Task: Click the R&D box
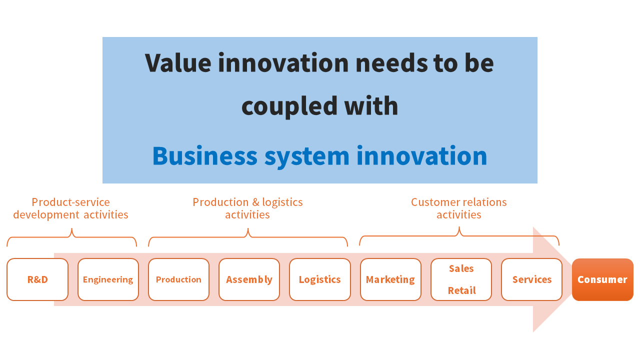point(37,279)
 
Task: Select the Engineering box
point(108,279)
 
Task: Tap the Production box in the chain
point(178,279)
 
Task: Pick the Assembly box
point(249,279)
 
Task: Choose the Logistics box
point(319,279)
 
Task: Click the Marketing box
point(390,279)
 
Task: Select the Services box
point(531,279)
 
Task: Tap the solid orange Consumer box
point(602,279)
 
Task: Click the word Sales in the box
point(461,268)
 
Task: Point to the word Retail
point(461,290)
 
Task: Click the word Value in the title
point(178,62)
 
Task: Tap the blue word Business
point(205,155)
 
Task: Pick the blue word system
point(307,157)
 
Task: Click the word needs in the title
point(391,62)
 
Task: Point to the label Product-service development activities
point(70,208)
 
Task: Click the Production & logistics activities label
point(247,208)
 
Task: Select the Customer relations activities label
point(459,208)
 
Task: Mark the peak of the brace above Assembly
point(248,228)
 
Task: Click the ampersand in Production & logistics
point(255,202)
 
